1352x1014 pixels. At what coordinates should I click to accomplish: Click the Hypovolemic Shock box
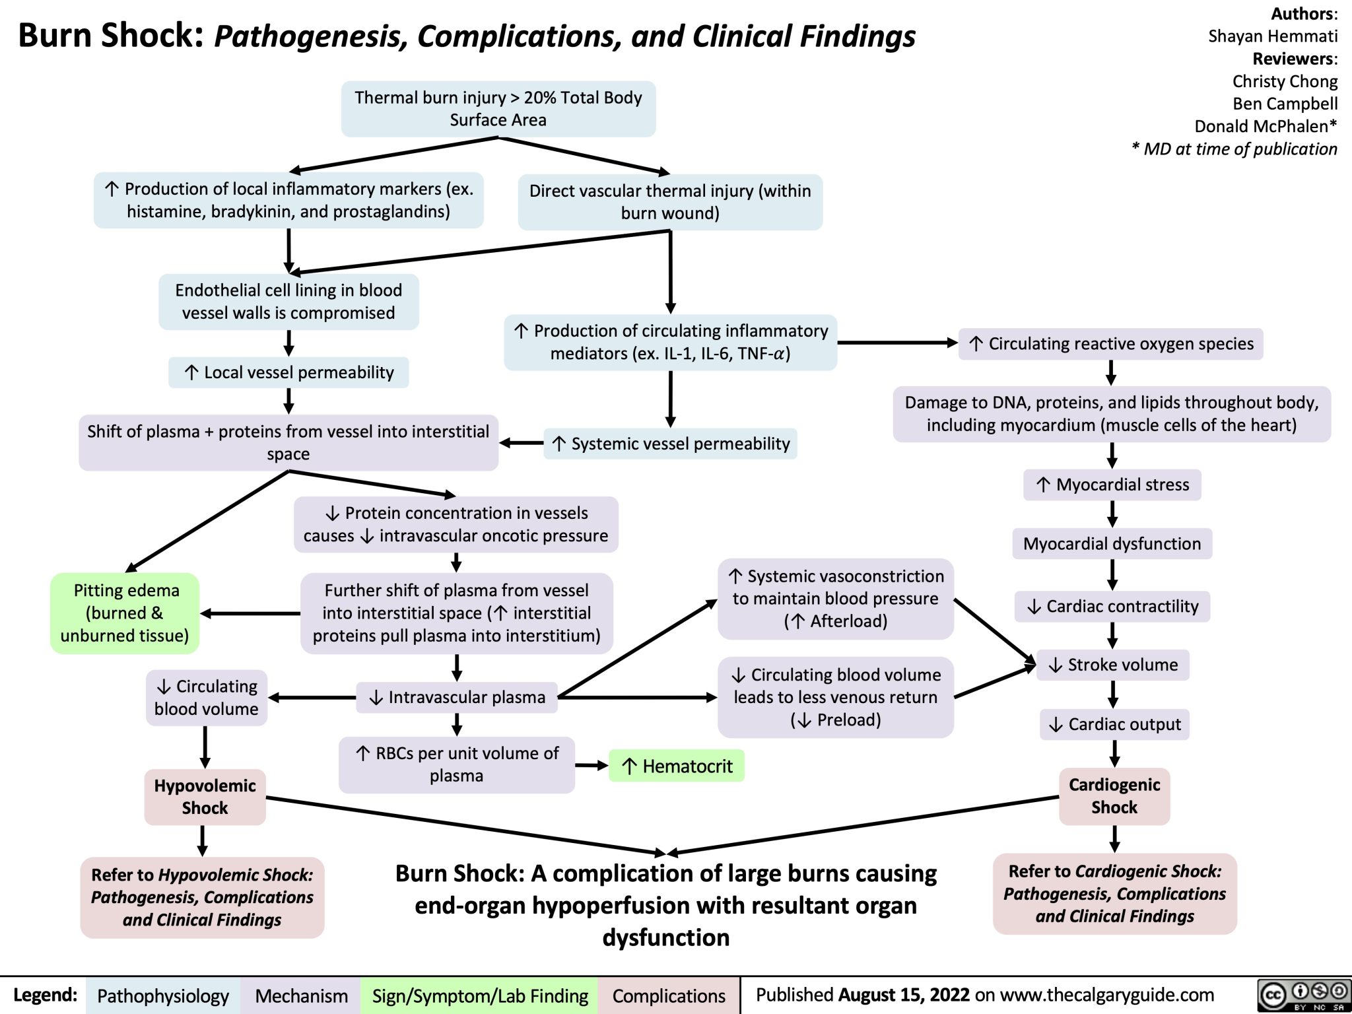click(x=205, y=797)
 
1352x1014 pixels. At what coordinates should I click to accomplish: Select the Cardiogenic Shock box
click(x=1114, y=796)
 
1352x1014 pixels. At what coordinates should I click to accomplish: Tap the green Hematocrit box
click(x=677, y=766)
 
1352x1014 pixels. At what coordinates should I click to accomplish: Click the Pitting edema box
click(x=125, y=613)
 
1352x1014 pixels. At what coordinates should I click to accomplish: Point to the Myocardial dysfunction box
click(x=1112, y=544)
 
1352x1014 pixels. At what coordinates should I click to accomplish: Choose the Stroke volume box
click(x=1113, y=665)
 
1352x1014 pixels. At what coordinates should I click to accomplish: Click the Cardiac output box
click(x=1114, y=724)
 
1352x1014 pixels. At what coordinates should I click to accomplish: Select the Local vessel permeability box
click(x=288, y=372)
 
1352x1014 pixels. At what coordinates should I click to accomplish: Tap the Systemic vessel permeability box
click(x=671, y=444)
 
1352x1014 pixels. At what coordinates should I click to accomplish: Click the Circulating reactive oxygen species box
click(x=1111, y=344)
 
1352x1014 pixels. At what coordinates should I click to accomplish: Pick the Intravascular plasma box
click(x=457, y=697)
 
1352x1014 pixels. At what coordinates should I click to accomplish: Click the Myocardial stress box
click(x=1112, y=485)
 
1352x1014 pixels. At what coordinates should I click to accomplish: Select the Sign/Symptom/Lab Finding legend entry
click(x=479, y=996)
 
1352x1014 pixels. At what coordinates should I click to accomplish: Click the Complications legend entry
click(x=668, y=996)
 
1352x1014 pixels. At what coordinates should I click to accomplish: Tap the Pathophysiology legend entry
click(x=162, y=996)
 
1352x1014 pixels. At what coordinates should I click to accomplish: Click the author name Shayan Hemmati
click(x=1272, y=36)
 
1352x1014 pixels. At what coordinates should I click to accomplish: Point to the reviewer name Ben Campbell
click(x=1285, y=104)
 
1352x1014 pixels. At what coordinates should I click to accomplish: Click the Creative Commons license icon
click(x=1302, y=996)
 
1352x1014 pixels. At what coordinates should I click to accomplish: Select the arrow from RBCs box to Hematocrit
click(x=591, y=766)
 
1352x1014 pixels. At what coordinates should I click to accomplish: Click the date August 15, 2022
click(x=904, y=995)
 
